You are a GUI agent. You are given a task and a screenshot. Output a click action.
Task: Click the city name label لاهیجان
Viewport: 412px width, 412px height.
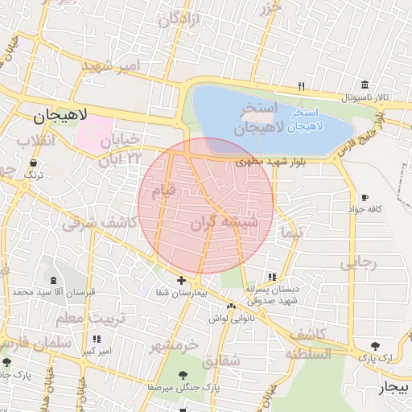point(63,117)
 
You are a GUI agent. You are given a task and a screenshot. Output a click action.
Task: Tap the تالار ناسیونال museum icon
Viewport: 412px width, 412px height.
point(365,85)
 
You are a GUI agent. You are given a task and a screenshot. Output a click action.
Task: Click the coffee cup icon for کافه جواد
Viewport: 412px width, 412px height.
point(365,197)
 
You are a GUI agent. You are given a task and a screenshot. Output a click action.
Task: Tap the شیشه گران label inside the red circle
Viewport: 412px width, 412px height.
point(228,224)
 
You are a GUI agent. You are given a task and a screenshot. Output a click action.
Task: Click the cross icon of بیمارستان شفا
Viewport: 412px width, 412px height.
point(181,281)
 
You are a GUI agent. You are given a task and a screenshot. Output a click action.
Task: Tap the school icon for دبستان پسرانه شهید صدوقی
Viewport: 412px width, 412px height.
point(271,276)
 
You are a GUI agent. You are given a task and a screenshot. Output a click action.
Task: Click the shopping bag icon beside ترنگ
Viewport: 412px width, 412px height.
point(34,163)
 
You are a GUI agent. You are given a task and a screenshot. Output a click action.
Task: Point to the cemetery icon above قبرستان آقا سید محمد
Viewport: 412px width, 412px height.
point(53,280)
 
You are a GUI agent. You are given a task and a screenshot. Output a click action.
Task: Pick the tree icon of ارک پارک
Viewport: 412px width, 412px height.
point(374,344)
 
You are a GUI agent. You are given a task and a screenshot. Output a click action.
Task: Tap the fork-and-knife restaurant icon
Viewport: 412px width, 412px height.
point(301,85)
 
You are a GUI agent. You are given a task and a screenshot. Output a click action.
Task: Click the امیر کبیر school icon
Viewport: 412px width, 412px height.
point(97,340)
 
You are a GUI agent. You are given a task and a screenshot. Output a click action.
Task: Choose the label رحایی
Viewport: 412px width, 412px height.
point(358,262)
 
